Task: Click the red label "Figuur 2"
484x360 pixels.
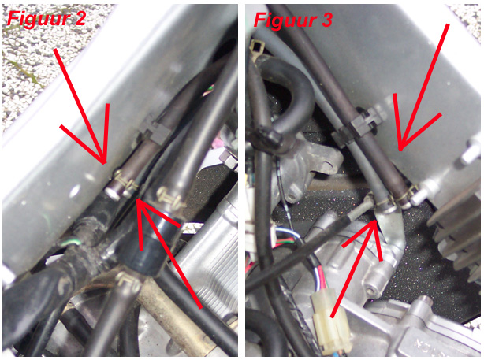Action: [x=47, y=19]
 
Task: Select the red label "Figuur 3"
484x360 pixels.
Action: [x=293, y=20]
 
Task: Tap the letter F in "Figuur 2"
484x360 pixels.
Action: [x=15, y=18]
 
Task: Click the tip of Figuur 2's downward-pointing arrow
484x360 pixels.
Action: [x=105, y=164]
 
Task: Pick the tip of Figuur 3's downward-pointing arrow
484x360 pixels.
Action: [x=400, y=150]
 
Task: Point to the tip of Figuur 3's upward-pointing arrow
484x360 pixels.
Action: [x=376, y=221]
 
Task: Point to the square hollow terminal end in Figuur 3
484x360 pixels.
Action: [x=258, y=47]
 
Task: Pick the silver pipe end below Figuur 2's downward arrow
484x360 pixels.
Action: [x=113, y=192]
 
